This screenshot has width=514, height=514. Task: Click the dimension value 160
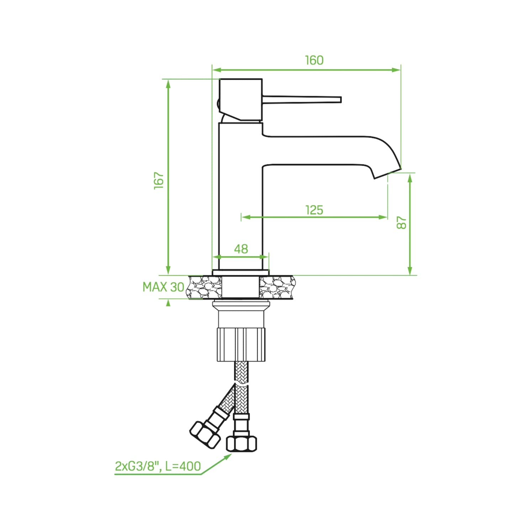[314, 60]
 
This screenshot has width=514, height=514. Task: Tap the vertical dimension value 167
[159, 181]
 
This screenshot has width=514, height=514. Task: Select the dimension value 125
[314, 210]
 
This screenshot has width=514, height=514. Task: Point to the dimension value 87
[402, 222]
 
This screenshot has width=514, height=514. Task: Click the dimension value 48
[241, 249]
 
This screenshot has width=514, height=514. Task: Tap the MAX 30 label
[163, 287]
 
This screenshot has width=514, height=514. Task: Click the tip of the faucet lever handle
[341, 100]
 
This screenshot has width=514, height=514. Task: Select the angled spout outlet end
[387, 173]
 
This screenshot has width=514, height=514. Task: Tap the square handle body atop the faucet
[240, 99]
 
